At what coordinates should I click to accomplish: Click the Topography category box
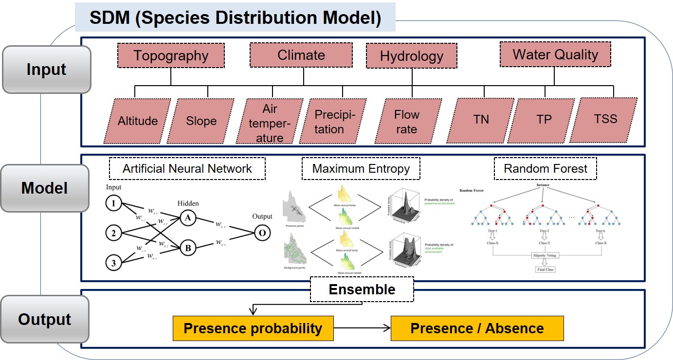pyautogui.click(x=171, y=55)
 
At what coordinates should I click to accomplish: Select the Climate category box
pyautogui.click(x=301, y=55)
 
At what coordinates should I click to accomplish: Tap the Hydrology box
pyautogui.click(x=411, y=56)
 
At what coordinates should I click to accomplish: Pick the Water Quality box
pyautogui.click(x=555, y=54)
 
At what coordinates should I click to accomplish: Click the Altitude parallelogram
pyautogui.click(x=138, y=121)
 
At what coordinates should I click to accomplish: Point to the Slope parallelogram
pyautogui.click(x=201, y=121)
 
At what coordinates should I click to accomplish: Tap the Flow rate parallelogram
pyautogui.click(x=406, y=122)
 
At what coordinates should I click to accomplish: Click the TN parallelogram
pyautogui.click(x=481, y=120)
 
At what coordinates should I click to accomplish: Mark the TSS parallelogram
pyautogui.click(x=605, y=120)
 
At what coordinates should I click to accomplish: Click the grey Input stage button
pyautogui.click(x=46, y=70)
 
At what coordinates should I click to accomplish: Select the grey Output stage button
pyautogui.click(x=45, y=320)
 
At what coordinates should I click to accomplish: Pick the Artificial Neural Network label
pyautogui.click(x=187, y=169)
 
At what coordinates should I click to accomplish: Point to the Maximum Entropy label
pyautogui.click(x=361, y=169)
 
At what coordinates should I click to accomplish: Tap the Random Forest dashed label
pyautogui.click(x=546, y=169)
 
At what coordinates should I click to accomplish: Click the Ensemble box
pyautogui.click(x=362, y=289)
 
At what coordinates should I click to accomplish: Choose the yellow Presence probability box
pyautogui.click(x=253, y=328)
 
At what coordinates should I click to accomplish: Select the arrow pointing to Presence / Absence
pyautogui.click(x=362, y=328)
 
